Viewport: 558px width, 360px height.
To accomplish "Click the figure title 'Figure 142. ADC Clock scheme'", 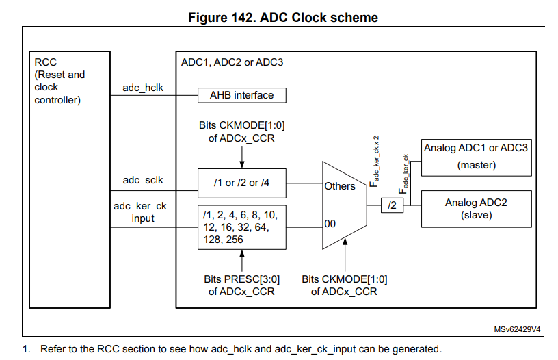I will pyautogui.click(x=282, y=17).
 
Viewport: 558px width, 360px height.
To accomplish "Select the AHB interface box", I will pyautogui.click(x=241, y=95).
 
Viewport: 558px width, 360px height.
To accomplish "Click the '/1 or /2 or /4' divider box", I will pyautogui.click(x=241, y=183).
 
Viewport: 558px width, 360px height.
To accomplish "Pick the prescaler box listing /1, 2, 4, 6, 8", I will pyautogui.click(x=241, y=227).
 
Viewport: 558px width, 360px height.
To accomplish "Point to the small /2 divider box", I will pyautogui.click(x=393, y=204).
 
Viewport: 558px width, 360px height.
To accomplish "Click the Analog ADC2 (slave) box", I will pyautogui.click(x=476, y=209).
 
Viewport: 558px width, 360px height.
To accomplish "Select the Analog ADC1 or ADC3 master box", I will pyautogui.click(x=476, y=156).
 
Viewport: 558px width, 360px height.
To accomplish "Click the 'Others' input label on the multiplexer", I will pyautogui.click(x=340, y=186).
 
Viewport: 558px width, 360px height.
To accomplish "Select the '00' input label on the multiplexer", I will pyautogui.click(x=330, y=222).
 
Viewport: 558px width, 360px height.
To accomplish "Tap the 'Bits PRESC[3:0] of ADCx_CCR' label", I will pyautogui.click(x=241, y=285).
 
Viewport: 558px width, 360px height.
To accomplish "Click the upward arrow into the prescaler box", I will pyautogui.click(x=241, y=261).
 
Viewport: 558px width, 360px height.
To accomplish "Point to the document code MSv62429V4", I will pyautogui.click(x=518, y=329).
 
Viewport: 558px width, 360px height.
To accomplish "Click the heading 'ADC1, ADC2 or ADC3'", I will pyautogui.click(x=232, y=62).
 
